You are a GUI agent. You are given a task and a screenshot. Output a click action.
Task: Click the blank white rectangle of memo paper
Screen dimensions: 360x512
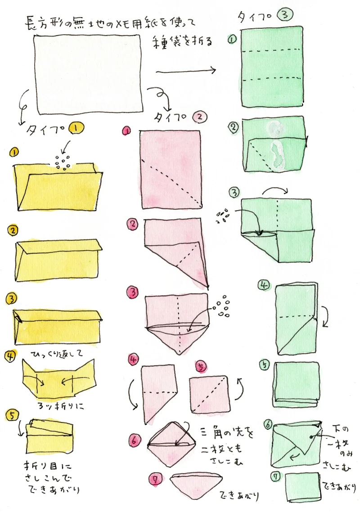tap(88, 74)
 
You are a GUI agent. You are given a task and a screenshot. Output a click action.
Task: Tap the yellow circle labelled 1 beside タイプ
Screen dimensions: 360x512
tap(76, 129)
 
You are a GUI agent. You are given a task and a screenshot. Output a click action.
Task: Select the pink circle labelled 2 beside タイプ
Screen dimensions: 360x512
tap(200, 117)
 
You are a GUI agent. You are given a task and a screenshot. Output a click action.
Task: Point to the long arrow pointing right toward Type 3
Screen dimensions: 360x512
tap(186, 71)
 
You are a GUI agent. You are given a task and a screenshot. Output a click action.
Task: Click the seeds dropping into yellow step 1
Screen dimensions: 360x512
tap(63, 162)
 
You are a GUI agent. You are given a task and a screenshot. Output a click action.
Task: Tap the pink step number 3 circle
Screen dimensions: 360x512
tap(133, 292)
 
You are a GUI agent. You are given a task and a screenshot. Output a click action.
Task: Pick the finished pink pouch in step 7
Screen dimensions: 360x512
tap(196, 483)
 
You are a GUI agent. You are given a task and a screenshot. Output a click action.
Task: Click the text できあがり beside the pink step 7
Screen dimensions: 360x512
tap(239, 495)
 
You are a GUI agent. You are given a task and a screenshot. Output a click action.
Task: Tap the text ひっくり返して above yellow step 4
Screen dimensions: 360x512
tap(57, 354)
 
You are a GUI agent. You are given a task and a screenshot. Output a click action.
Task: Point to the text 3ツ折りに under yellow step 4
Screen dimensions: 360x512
tap(61, 406)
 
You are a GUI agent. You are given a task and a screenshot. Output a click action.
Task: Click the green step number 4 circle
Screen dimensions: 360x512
tap(264, 285)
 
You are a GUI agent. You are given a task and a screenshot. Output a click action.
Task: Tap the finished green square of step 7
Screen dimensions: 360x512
tap(302, 487)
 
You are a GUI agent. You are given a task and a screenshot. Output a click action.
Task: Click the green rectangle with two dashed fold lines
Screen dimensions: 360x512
tap(272, 67)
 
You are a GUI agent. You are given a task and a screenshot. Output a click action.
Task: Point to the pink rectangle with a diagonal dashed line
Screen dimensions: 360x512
tap(171, 170)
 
